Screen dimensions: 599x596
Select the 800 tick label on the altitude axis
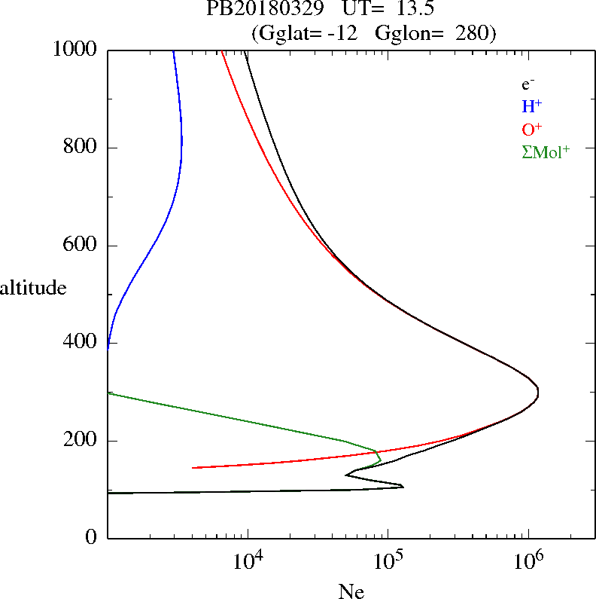click(81, 148)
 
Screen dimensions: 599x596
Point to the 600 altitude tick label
click(81, 246)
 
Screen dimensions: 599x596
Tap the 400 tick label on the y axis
click(81, 343)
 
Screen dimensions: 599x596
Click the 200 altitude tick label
click(81, 441)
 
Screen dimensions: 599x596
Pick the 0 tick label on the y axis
click(93, 538)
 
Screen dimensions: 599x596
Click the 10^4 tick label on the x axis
click(250, 563)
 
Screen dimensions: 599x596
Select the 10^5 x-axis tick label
click(390, 563)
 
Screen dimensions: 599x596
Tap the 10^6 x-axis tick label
click(530, 563)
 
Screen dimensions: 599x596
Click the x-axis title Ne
click(351, 591)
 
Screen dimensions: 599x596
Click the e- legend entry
click(528, 85)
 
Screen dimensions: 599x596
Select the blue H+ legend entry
click(532, 106)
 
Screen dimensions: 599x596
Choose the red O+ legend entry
click(532, 129)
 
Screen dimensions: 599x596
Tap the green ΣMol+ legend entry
click(546, 151)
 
